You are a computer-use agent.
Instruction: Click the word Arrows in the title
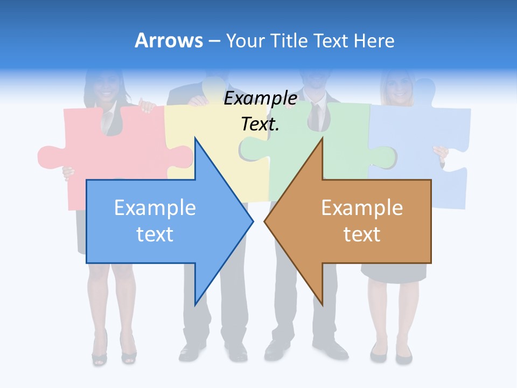pyautogui.click(x=169, y=40)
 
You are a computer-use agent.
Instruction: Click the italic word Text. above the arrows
pyautogui.click(x=260, y=124)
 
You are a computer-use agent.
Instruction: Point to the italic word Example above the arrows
pyautogui.click(x=261, y=99)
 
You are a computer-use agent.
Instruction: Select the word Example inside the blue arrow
pyautogui.click(x=155, y=208)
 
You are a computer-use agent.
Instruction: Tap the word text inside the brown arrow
pyautogui.click(x=362, y=234)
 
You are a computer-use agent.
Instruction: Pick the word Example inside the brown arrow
pyautogui.click(x=362, y=208)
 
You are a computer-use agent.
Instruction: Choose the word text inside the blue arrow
pyautogui.click(x=155, y=234)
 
